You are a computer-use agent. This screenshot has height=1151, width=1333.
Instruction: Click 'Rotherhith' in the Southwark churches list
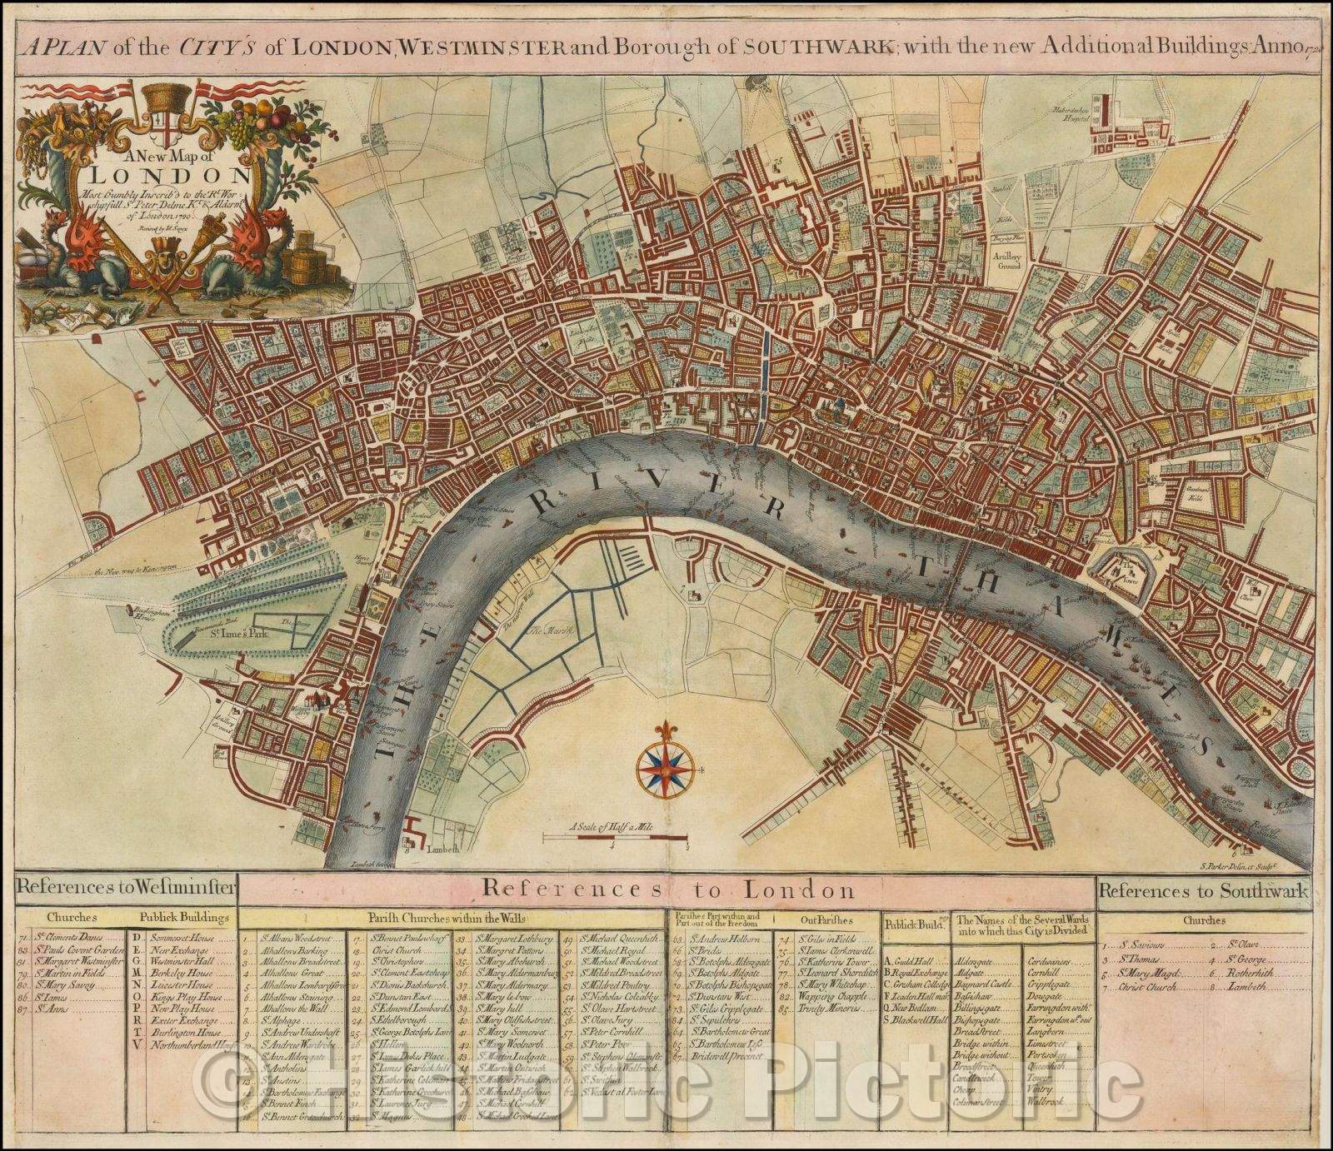1246,974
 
